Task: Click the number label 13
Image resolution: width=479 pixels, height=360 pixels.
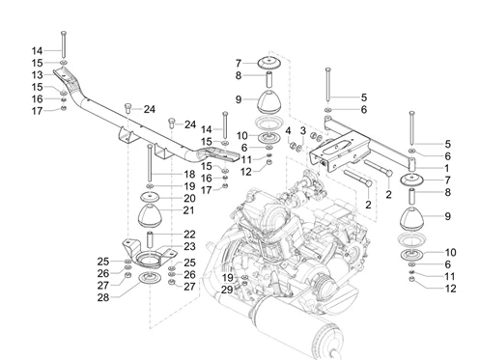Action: coord(38,74)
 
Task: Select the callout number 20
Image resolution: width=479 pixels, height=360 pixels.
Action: coord(190,198)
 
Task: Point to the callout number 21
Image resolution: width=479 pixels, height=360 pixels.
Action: coord(190,210)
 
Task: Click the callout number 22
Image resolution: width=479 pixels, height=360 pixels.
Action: coord(190,235)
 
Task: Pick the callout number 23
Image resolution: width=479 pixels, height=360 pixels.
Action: coord(190,247)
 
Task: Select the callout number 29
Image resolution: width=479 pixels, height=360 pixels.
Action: coord(227,290)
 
